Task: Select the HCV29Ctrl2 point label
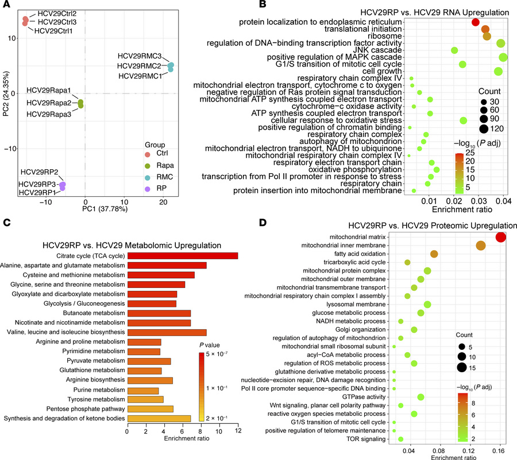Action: click(57, 13)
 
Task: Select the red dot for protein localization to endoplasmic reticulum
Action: click(475, 22)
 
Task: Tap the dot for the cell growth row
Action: click(498, 71)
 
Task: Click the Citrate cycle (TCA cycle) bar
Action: click(182, 256)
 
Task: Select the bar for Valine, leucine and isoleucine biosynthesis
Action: click(167, 332)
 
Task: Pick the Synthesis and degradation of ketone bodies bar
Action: click(159, 418)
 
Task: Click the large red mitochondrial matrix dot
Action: click(500, 237)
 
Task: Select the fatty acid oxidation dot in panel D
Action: click(434, 254)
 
